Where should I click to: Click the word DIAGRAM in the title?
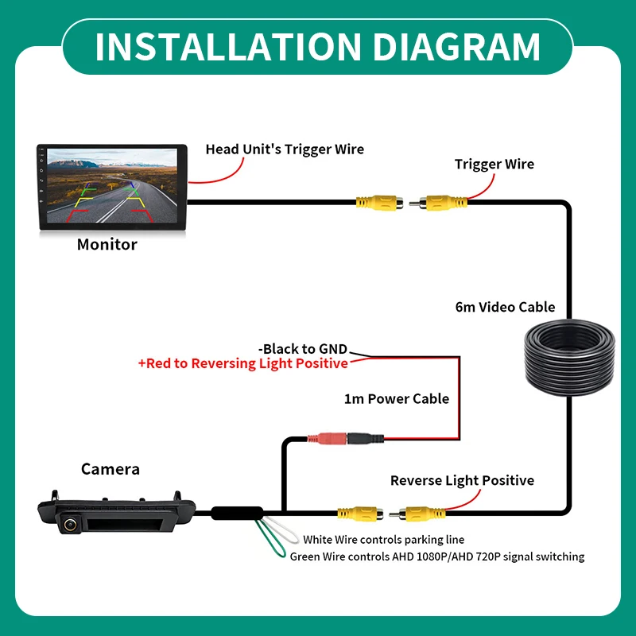[456, 47]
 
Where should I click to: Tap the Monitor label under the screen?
[107, 245]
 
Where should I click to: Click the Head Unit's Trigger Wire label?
[285, 149]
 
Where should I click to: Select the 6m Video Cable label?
[505, 307]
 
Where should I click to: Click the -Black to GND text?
[303, 349]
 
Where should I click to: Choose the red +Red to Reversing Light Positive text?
[243, 363]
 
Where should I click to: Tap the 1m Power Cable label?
[396, 399]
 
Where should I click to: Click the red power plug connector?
[328, 439]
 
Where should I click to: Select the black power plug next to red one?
[365, 439]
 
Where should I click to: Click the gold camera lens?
[70, 524]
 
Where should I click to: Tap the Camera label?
[111, 469]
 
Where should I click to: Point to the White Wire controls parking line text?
[384, 540]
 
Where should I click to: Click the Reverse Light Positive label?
[462, 481]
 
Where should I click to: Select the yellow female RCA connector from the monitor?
[380, 203]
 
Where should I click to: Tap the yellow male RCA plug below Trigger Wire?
[438, 203]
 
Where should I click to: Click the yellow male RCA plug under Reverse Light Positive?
[417, 514]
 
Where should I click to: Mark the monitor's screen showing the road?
[112, 186]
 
